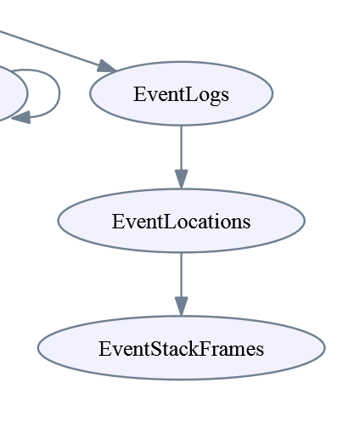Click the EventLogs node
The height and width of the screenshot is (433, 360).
[181, 93]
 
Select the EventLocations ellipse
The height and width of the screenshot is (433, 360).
[181, 221]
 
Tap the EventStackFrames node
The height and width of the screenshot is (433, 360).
[181, 348]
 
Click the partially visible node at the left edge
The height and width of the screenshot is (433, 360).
[13, 93]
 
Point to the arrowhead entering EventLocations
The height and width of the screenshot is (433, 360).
[181, 179]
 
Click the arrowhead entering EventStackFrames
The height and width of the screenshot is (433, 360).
[181, 306]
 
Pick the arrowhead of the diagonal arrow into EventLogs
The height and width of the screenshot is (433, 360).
[106, 66]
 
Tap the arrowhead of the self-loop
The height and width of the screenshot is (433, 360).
[20, 117]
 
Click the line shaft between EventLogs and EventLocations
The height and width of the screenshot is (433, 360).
[181, 148]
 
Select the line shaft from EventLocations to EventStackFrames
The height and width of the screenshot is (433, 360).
[181, 275]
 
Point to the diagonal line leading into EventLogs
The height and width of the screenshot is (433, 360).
[49, 48]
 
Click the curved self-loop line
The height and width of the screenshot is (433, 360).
[59, 93]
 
